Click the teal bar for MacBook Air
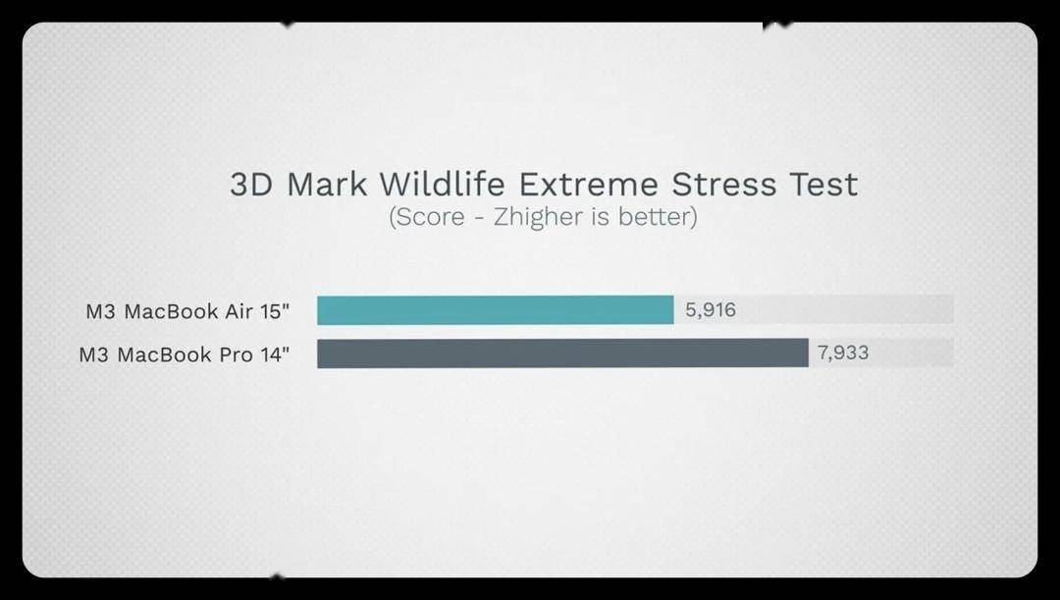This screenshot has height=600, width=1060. coord(496,310)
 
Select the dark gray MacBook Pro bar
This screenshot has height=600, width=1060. coord(562,354)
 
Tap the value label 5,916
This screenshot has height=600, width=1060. coord(711,309)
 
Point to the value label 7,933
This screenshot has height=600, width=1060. coord(843,353)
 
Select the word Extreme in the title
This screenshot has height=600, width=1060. coord(588,184)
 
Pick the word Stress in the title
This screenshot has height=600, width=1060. coord(724,184)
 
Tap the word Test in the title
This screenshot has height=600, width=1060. coord(823,184)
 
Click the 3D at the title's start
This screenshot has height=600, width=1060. coord(251,184)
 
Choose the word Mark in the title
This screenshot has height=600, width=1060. coord(327,184)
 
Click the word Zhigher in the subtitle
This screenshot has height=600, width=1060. coord(538,217)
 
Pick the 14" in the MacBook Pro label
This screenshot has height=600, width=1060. coord(275,354)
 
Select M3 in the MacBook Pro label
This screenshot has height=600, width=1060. coord(94,355)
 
